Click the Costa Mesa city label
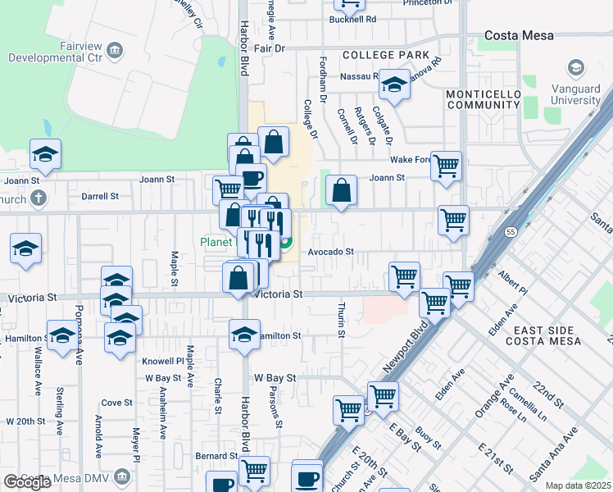click(x=520, y=35)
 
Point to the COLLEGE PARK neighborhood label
click(x=385, y=55)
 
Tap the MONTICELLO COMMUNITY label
click(x=483, y=100)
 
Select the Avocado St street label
click(x=330, y=253)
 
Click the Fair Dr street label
click(x=269, y=49)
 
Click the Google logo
click(x=28, y=482)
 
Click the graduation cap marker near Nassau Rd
click(x=394, y=84)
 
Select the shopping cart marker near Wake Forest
click(x=446, y=166)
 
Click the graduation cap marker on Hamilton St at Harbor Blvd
click(x=243, y=334)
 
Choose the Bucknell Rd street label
click(x=352, y=19)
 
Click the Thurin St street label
click(x=341, y=320)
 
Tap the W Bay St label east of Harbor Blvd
click(x=274, y=378)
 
